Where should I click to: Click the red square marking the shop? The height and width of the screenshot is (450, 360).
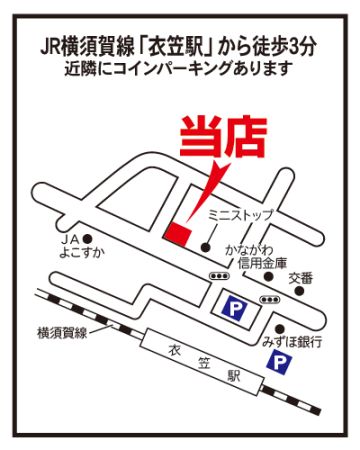(x=177, y=234)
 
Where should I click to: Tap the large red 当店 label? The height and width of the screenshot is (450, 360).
(x=223, y=137)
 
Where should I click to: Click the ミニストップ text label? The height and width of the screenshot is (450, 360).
(x=240, y=215)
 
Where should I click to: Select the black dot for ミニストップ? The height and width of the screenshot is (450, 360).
(x=206, y=247)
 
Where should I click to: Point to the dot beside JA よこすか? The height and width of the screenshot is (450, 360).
(x=88, y=239)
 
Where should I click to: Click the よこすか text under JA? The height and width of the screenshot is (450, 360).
(x=82, y=253)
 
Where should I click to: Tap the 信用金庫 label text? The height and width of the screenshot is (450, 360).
(x=262, y=264)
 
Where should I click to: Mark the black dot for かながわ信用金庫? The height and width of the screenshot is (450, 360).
(x=269, y=276)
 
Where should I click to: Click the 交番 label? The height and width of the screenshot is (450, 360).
(x=301, y=278)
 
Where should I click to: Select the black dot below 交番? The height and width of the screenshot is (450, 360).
(x=300, y=291)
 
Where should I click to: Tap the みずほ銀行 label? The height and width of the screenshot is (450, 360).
(x=292, y=342)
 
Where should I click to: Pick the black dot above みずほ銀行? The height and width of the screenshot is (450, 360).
(x=280, y=328)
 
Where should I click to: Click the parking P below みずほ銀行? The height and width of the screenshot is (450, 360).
(x=279, y=363)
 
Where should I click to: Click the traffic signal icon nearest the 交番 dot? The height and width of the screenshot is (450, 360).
(x=270, y=300)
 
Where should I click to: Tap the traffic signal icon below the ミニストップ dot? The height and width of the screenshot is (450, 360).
(x=219, y=276)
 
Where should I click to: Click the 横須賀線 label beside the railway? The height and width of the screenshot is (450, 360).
(x=62, y=333)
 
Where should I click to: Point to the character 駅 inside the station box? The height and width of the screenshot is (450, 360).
(x=234, y=377)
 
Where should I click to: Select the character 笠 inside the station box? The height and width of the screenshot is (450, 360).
(x=203, y=363)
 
